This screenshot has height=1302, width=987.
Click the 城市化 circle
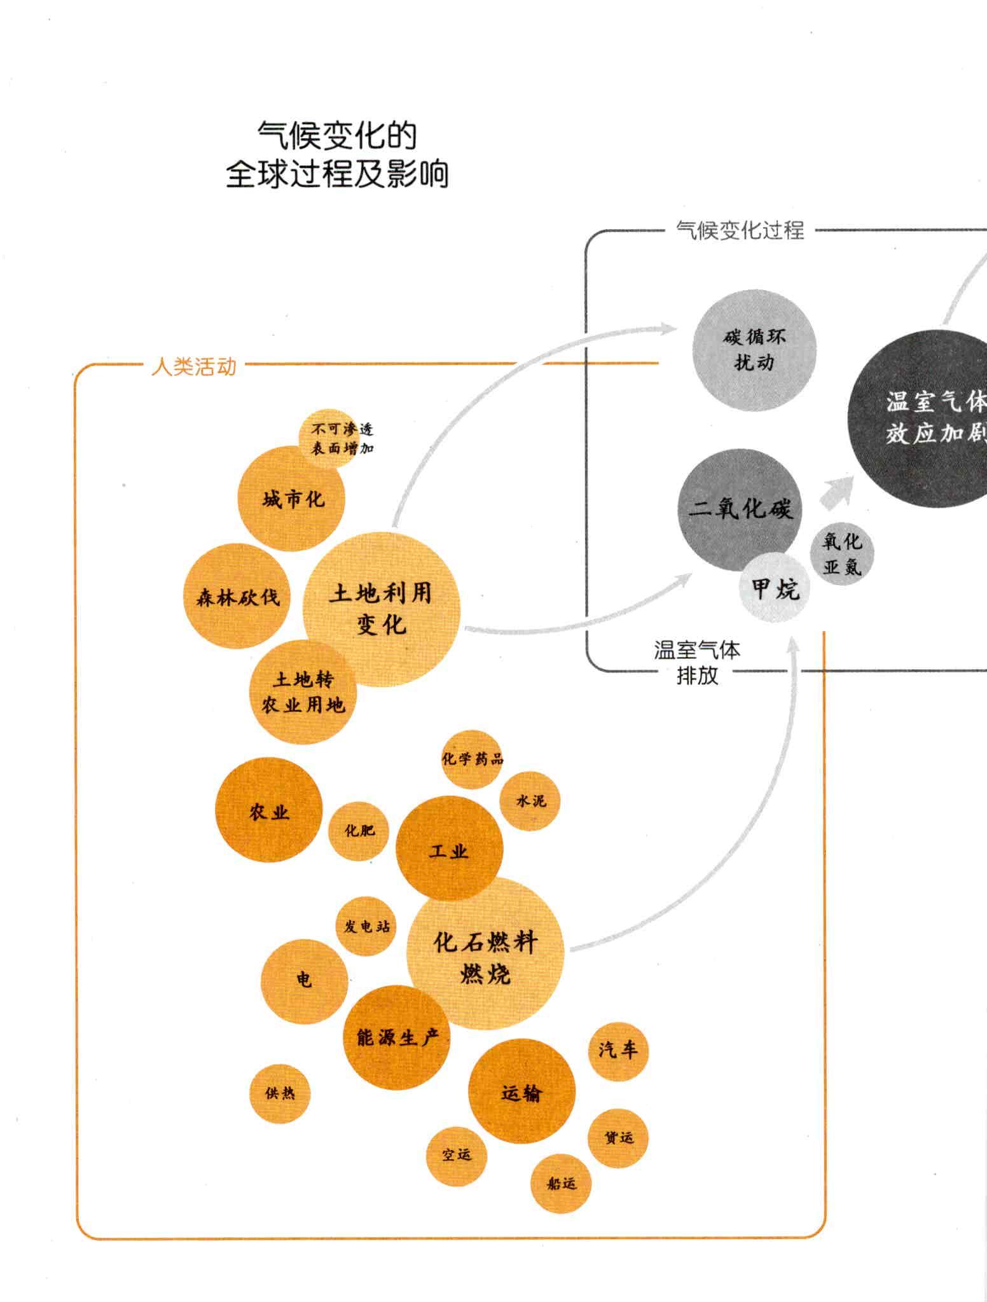(x=292, y=499)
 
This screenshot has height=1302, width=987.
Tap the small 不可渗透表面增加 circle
(x=329, y=438)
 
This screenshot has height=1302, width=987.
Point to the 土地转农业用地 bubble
(x=303, y=693)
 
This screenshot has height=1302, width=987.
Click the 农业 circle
(x=269, y=810)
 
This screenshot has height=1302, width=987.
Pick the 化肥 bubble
(x=359, y=831)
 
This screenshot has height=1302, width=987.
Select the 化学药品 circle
(x=472, y=759)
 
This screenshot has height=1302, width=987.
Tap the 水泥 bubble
(x=530, y=801)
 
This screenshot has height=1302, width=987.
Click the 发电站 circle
(x=366, y=926)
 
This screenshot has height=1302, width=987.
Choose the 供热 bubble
(x=280, y=1093)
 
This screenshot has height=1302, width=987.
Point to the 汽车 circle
(x=618, y=1051)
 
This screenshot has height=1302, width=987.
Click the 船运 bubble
(x=561, y=1184)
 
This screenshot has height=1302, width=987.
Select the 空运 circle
(x=457, y=1154)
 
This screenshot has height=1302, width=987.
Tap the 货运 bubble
(x=618, y=1138)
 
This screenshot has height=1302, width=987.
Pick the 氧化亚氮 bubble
(x=842, y=552)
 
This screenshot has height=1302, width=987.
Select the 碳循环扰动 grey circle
(x=754, y=350)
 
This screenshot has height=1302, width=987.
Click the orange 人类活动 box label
(x=194, y=367)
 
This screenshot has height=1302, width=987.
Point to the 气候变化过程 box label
(x=740, y=230)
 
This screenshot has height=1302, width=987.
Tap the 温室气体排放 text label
(x=697, y=663)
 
